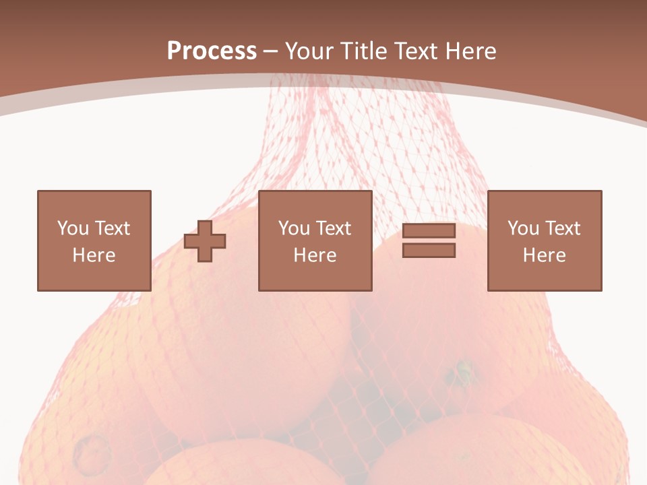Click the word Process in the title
212,51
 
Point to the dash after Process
271,52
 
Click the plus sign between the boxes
205,240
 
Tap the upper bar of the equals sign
429,231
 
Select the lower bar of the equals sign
429,250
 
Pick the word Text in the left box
111,228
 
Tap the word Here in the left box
94,255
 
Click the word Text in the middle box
332,228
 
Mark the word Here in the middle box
315,255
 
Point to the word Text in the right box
561,228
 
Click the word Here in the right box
544,255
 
